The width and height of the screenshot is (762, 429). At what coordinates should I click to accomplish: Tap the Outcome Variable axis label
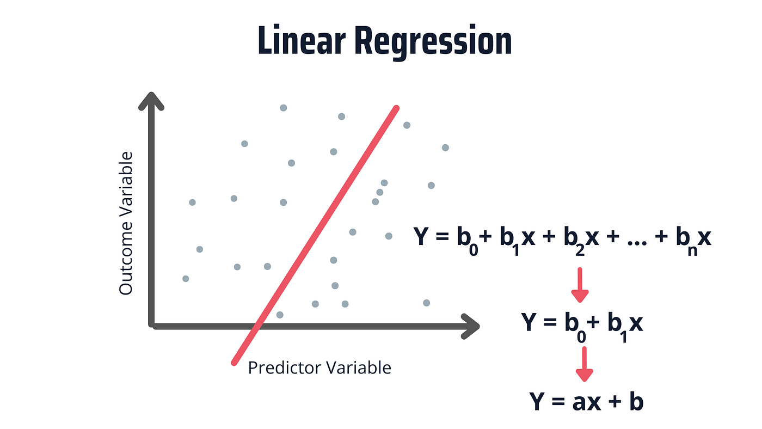126,224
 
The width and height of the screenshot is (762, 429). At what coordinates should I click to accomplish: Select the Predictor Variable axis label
319,367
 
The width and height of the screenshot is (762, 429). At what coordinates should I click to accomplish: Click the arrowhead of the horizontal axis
471,326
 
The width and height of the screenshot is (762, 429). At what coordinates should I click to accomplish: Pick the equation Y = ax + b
587,402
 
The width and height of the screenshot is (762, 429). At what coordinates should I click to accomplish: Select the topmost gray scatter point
283,108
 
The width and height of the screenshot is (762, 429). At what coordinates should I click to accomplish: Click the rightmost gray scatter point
445,148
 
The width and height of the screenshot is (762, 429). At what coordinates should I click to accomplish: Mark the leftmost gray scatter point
186,279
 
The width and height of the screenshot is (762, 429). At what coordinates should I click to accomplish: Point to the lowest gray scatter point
280,315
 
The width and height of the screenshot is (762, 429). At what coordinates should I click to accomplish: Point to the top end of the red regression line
396,109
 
